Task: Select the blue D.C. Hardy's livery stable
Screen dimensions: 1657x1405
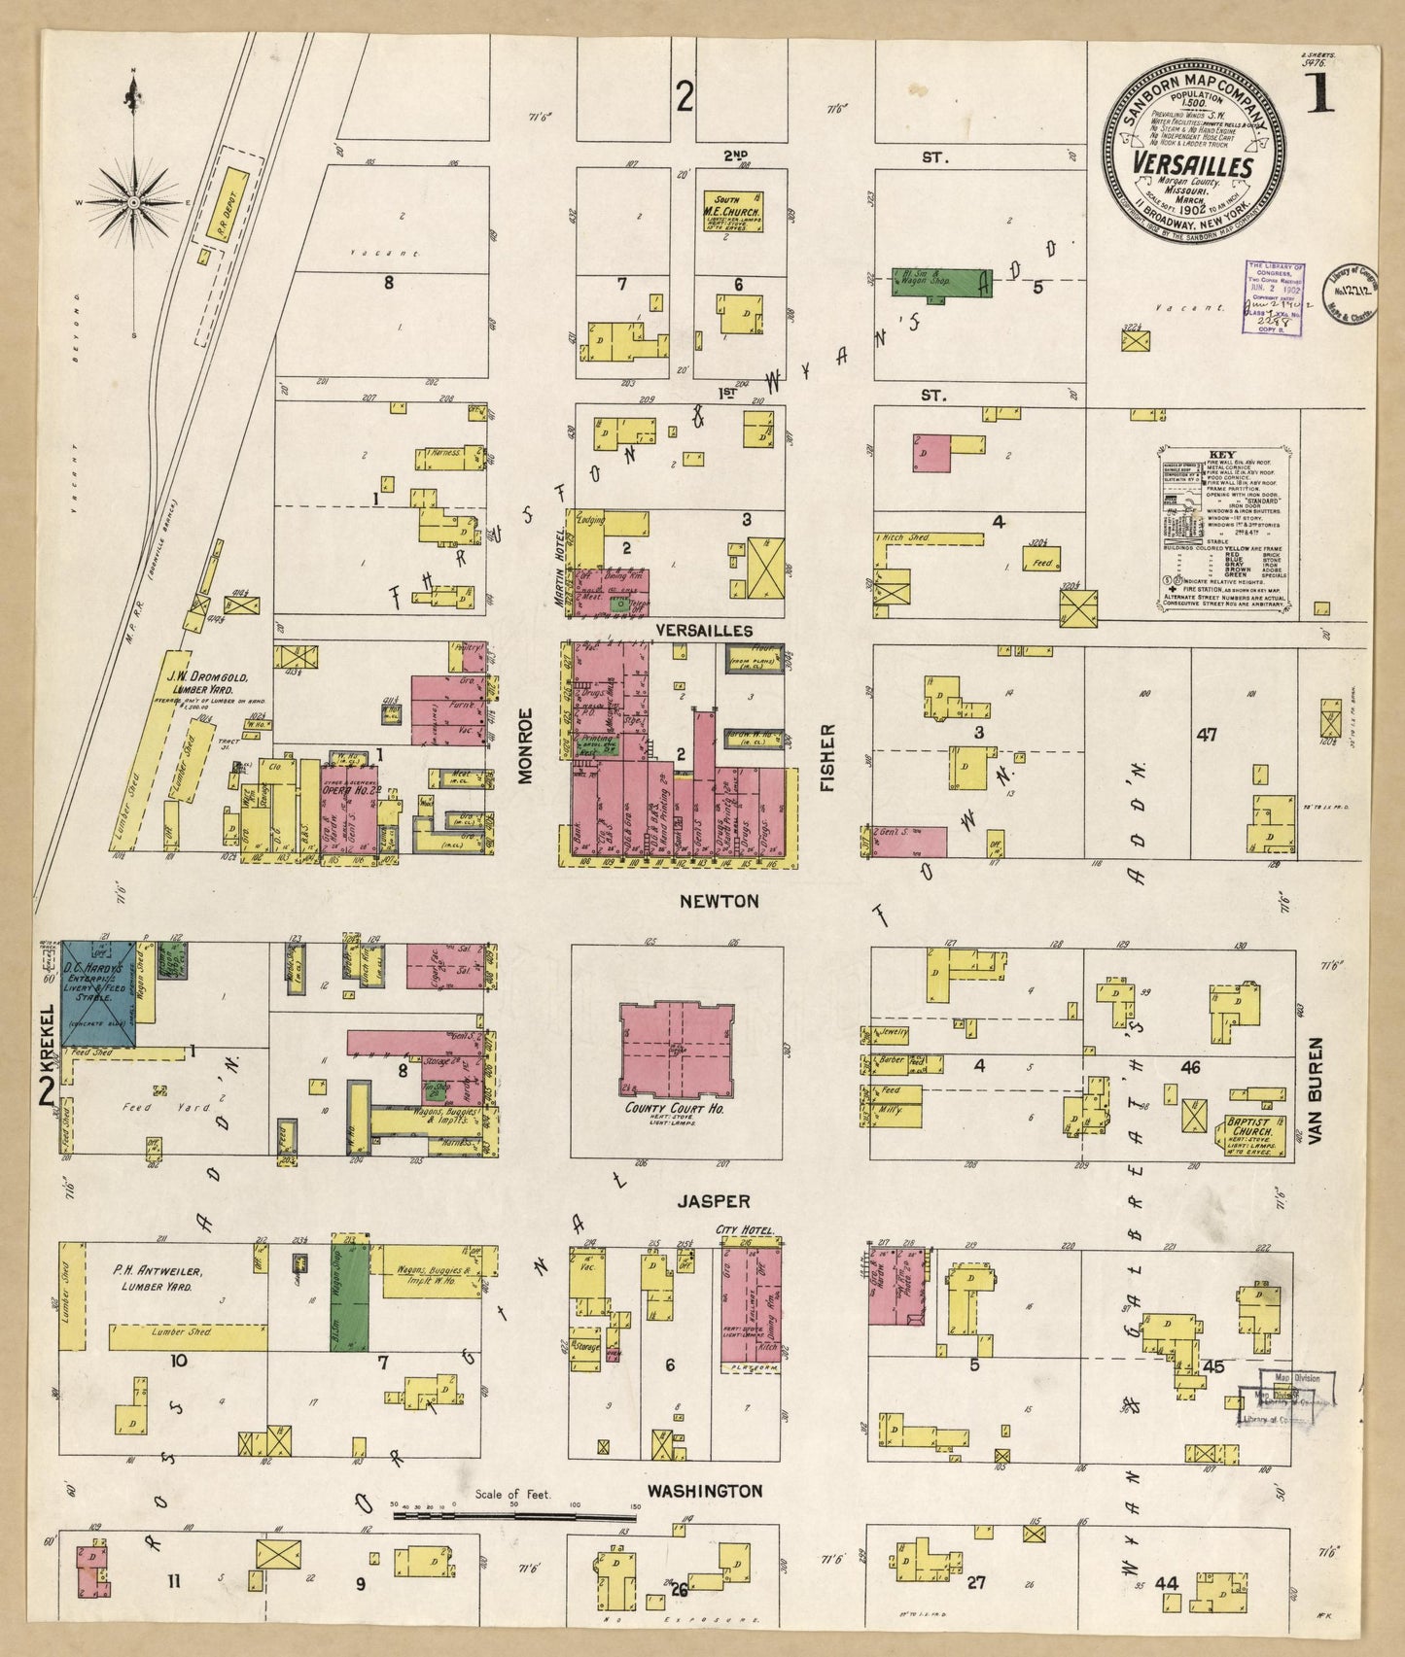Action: [98, 993]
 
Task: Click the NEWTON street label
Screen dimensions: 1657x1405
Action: [719, 901]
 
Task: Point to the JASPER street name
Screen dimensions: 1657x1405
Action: [715, 1201]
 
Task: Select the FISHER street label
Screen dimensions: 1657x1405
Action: [828, 757]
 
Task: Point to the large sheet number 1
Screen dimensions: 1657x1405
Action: [1319, 94]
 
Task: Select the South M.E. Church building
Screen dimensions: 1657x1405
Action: [731, 210]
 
